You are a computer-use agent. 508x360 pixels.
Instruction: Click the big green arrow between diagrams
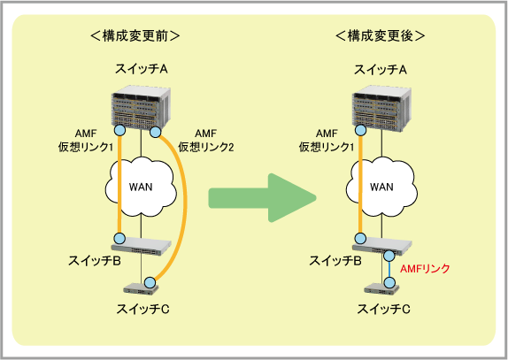click(263, 198)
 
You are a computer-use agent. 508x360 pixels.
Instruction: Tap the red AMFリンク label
click(425, 269)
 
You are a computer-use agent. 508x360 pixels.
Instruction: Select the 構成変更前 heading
click(135, 35)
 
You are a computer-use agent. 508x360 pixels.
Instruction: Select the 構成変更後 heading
click(380, 35)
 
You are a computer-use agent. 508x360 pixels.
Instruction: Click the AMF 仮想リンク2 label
click(205, 140)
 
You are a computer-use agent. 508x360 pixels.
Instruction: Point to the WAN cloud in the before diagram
click(141, 187)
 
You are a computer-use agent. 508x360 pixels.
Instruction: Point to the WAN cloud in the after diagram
click(381, 187)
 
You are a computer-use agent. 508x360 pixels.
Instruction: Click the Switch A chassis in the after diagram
click(381, 108)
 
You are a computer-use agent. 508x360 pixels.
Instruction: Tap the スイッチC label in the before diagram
click(142, 310)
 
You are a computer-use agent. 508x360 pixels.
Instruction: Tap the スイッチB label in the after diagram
click(335, 261)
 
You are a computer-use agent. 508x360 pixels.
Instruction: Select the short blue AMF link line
click(389, 270)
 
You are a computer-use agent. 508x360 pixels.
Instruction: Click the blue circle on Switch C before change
click(150, 283)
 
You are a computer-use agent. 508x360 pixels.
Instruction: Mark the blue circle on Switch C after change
click(389, 283)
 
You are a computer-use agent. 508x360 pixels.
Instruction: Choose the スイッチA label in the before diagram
click(142, 69)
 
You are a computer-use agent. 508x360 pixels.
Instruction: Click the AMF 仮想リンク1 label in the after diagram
click(327, 140)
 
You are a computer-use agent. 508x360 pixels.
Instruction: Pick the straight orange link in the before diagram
click(119, 185)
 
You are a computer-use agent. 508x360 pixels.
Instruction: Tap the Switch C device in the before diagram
click(142, 288)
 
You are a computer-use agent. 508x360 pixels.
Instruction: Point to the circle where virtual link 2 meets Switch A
click(155, 132)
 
